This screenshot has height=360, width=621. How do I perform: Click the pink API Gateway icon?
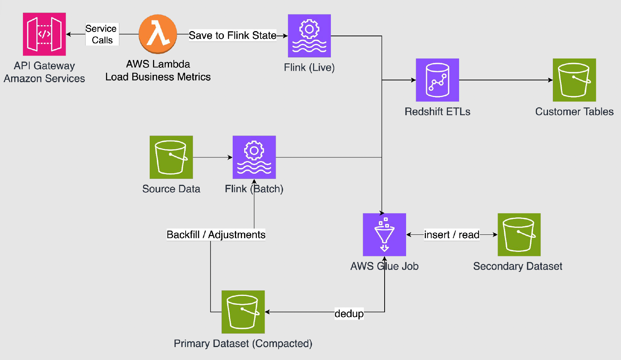coord(44,34)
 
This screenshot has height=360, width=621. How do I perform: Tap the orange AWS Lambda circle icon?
coord(158,34)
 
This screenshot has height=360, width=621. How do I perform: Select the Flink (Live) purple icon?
coord(309,36)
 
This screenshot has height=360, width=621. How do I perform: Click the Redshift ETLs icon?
coord(437,80)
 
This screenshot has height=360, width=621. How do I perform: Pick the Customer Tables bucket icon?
coord(574,80)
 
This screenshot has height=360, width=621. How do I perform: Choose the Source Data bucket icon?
coord(171,157)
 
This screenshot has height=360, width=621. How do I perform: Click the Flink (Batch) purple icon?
coord(254,157)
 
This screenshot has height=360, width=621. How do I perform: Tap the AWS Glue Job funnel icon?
coord(384,234)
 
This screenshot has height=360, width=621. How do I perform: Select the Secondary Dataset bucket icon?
coord(519,234)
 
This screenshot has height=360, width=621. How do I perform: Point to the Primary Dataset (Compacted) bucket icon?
coord(243,312)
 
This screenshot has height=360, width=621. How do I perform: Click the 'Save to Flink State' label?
coord(232,36)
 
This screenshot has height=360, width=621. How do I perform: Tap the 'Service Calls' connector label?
coord(102,34)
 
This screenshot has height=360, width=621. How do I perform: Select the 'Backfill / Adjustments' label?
coord(216,235)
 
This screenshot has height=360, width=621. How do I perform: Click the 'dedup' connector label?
coord(349,314)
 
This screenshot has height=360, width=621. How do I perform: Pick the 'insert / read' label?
coord(451,235)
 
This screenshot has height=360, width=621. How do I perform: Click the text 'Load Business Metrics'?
coord(158,77)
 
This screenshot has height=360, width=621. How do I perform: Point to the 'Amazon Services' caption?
coord(44,79)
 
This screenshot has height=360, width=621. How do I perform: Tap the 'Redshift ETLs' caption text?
coord(437,112)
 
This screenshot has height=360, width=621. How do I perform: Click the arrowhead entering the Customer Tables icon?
coord(551,80)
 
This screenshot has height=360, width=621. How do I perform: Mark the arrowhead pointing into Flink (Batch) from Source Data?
coord(230,157)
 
